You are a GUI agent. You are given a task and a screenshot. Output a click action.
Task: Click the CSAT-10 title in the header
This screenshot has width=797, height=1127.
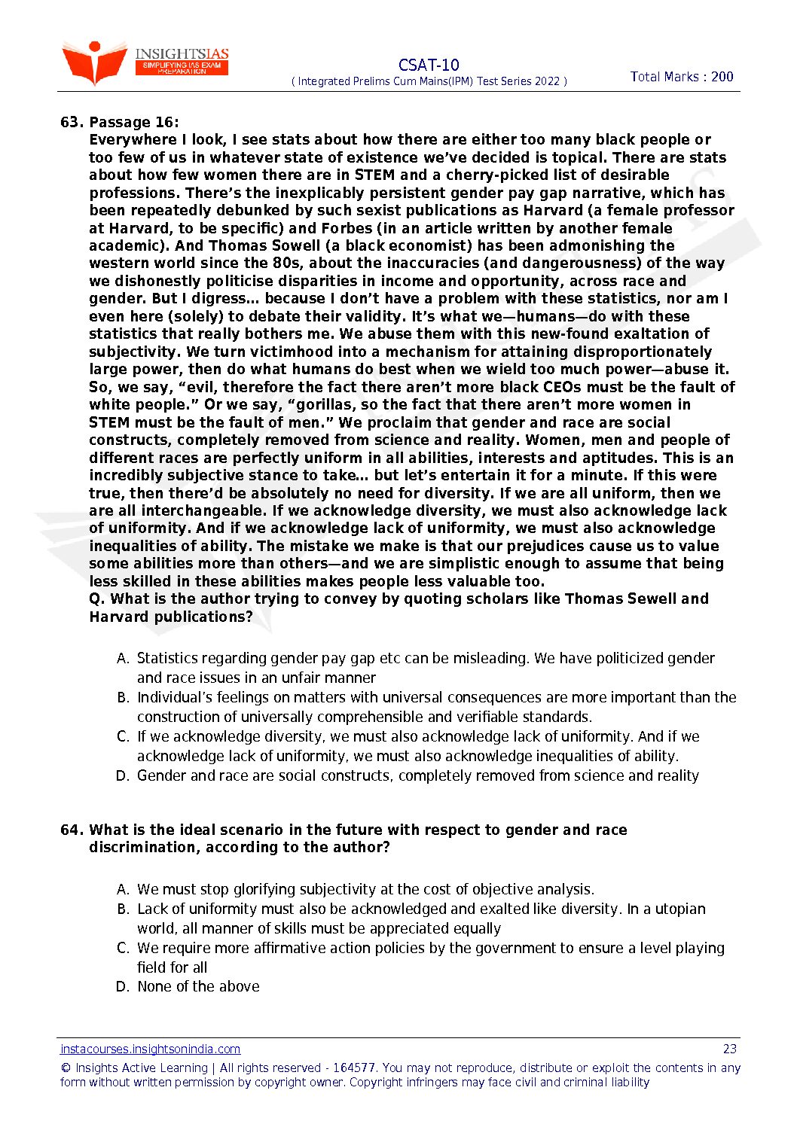click(429, 65)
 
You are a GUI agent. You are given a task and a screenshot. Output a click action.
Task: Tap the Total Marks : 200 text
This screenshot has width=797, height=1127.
click(682, 76)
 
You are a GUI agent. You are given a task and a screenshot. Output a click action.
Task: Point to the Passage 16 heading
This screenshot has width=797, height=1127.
click(134, 122)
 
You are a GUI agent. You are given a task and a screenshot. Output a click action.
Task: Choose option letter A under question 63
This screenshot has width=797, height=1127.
click(123, 659)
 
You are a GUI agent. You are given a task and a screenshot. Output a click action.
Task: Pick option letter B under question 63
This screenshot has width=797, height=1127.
click(123, 698)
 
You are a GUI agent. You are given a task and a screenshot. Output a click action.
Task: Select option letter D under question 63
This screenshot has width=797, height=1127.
click(123, 776)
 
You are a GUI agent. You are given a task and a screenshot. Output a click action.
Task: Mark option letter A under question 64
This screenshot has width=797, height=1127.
click(123, 890)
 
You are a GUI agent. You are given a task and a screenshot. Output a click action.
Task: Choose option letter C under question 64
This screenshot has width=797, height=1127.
click(123, 949)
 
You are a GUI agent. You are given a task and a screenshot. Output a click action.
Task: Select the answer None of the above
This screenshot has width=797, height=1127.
click(198, 986)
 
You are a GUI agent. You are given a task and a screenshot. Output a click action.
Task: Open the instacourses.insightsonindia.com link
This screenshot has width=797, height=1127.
click(151, 1049)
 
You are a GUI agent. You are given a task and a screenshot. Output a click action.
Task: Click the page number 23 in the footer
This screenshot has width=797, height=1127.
click(729, 1049)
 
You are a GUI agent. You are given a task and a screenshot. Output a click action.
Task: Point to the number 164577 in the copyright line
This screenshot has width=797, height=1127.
click(354, 1068)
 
